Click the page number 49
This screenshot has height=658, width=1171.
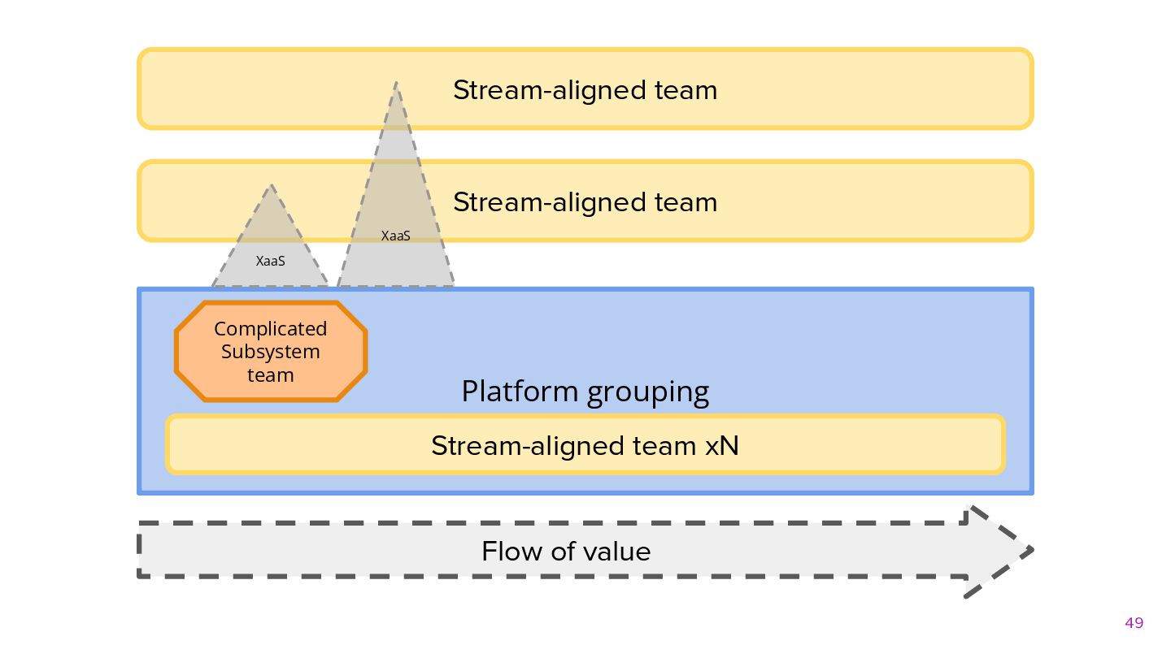1134,623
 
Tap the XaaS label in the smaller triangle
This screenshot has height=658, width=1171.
270,261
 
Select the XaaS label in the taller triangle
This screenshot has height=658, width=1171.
396,236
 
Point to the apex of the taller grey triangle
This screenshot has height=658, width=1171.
396,82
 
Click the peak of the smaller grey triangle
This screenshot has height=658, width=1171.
271,185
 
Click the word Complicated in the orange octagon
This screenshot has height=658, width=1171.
270,329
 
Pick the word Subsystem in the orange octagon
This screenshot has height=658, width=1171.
270,352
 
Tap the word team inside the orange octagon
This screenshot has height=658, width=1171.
270,375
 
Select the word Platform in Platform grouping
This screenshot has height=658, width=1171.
520,392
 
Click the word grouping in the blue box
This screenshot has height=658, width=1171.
648,393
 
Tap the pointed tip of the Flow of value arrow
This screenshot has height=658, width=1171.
1033,550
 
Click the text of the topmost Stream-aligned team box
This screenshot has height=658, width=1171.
585,90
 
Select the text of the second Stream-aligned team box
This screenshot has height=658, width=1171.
585,202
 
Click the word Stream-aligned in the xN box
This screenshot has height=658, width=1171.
528,447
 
